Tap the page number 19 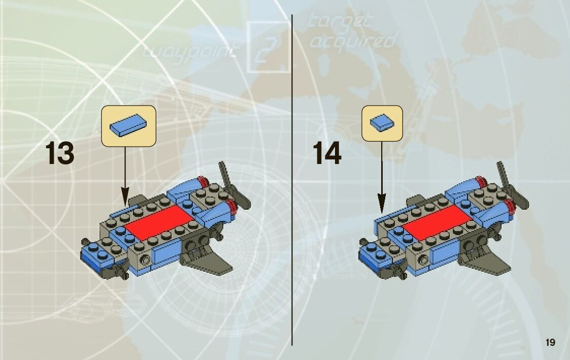click(x=550, y=342)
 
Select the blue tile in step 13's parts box click(x=128, y=126)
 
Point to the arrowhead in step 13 click(x=125, y=195)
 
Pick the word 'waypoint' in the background click(x=190, y=51)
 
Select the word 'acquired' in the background click(x=352, y=40)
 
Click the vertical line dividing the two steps click(x=292, y=178)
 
